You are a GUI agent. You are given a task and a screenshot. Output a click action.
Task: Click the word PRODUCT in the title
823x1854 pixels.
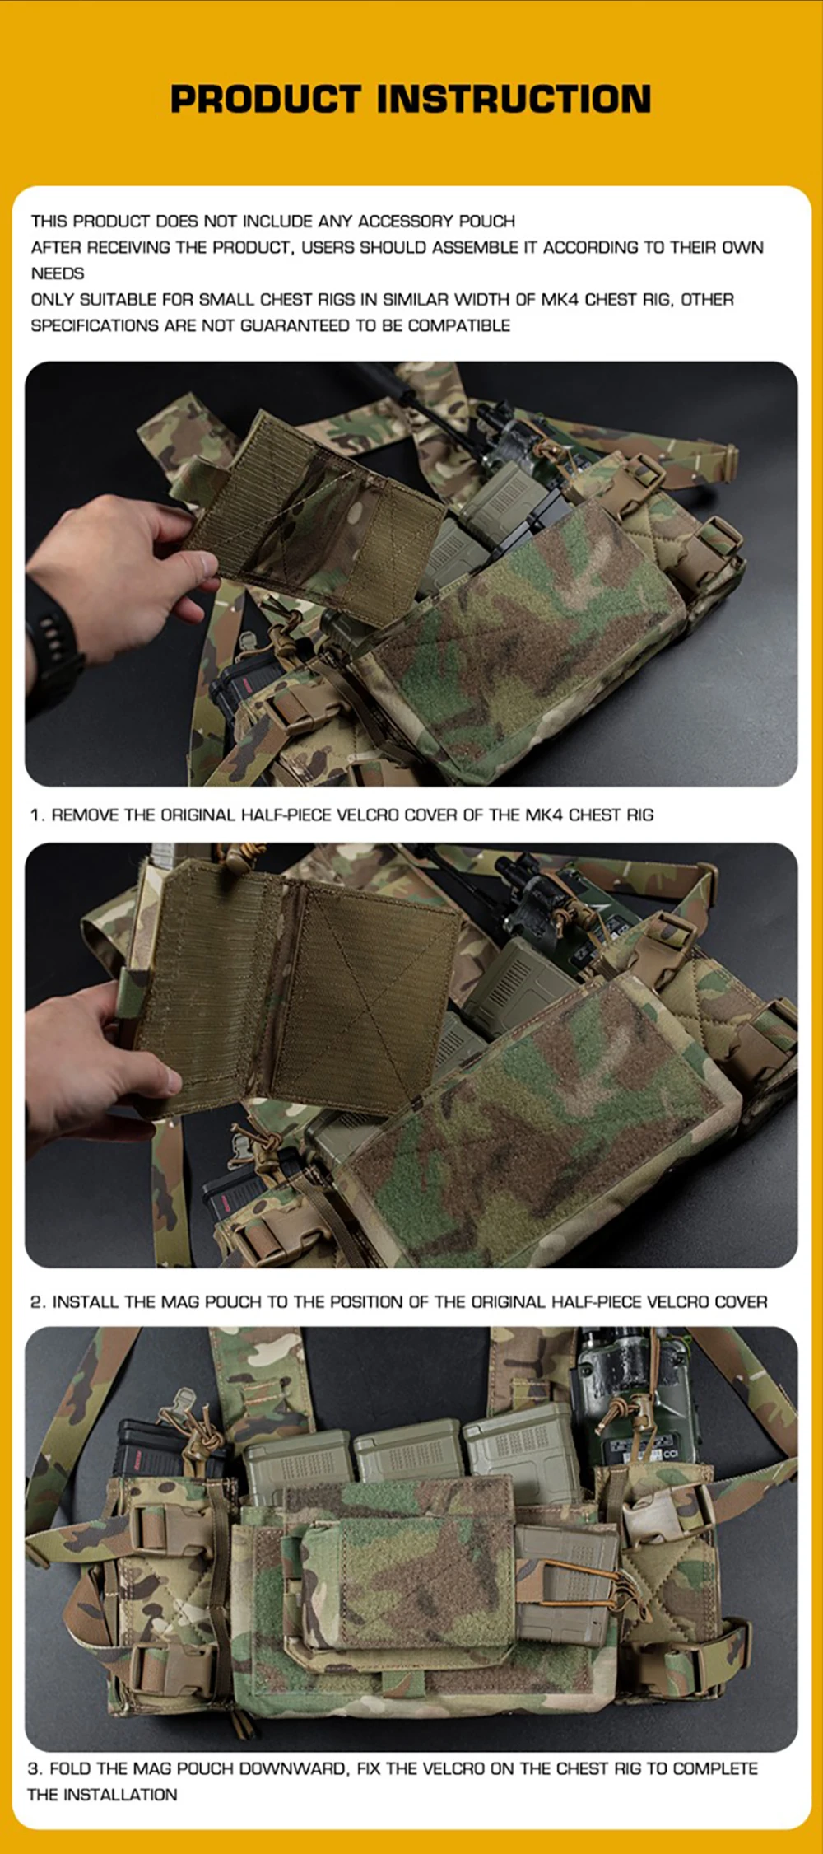(266, 99)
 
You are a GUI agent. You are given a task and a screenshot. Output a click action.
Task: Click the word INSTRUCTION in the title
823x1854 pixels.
(514, 99)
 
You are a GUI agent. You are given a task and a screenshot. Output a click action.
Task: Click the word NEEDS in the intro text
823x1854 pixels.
(58, 273)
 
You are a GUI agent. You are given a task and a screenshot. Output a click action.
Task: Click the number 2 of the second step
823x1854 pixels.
(35, 1302)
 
